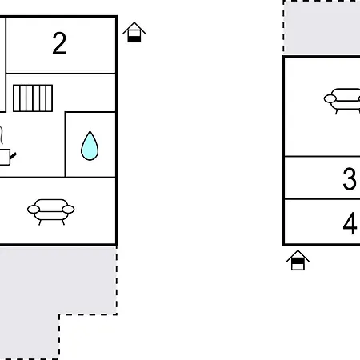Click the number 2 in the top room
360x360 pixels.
(59, 43)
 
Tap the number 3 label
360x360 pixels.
(350, 178)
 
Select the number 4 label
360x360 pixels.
(350, 223)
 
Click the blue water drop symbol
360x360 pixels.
(90, 146)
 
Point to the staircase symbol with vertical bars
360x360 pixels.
(33, 98)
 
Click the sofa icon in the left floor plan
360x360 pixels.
(50, 212)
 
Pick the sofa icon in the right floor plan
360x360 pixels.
(342, 102)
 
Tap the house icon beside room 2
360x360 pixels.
(134, 32)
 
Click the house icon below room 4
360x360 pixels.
(298, 260)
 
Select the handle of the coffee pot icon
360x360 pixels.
(13, 156)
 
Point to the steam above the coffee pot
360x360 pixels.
(2, 135)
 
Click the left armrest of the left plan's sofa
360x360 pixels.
(34, 210)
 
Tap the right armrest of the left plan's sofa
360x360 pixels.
(68, 210)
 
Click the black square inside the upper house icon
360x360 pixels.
(134, 39)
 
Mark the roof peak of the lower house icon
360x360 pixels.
(298, 250)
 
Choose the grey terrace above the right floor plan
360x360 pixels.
(322, 28)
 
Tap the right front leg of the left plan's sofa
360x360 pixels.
(63, 222)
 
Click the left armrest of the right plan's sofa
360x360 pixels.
(330, 98)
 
